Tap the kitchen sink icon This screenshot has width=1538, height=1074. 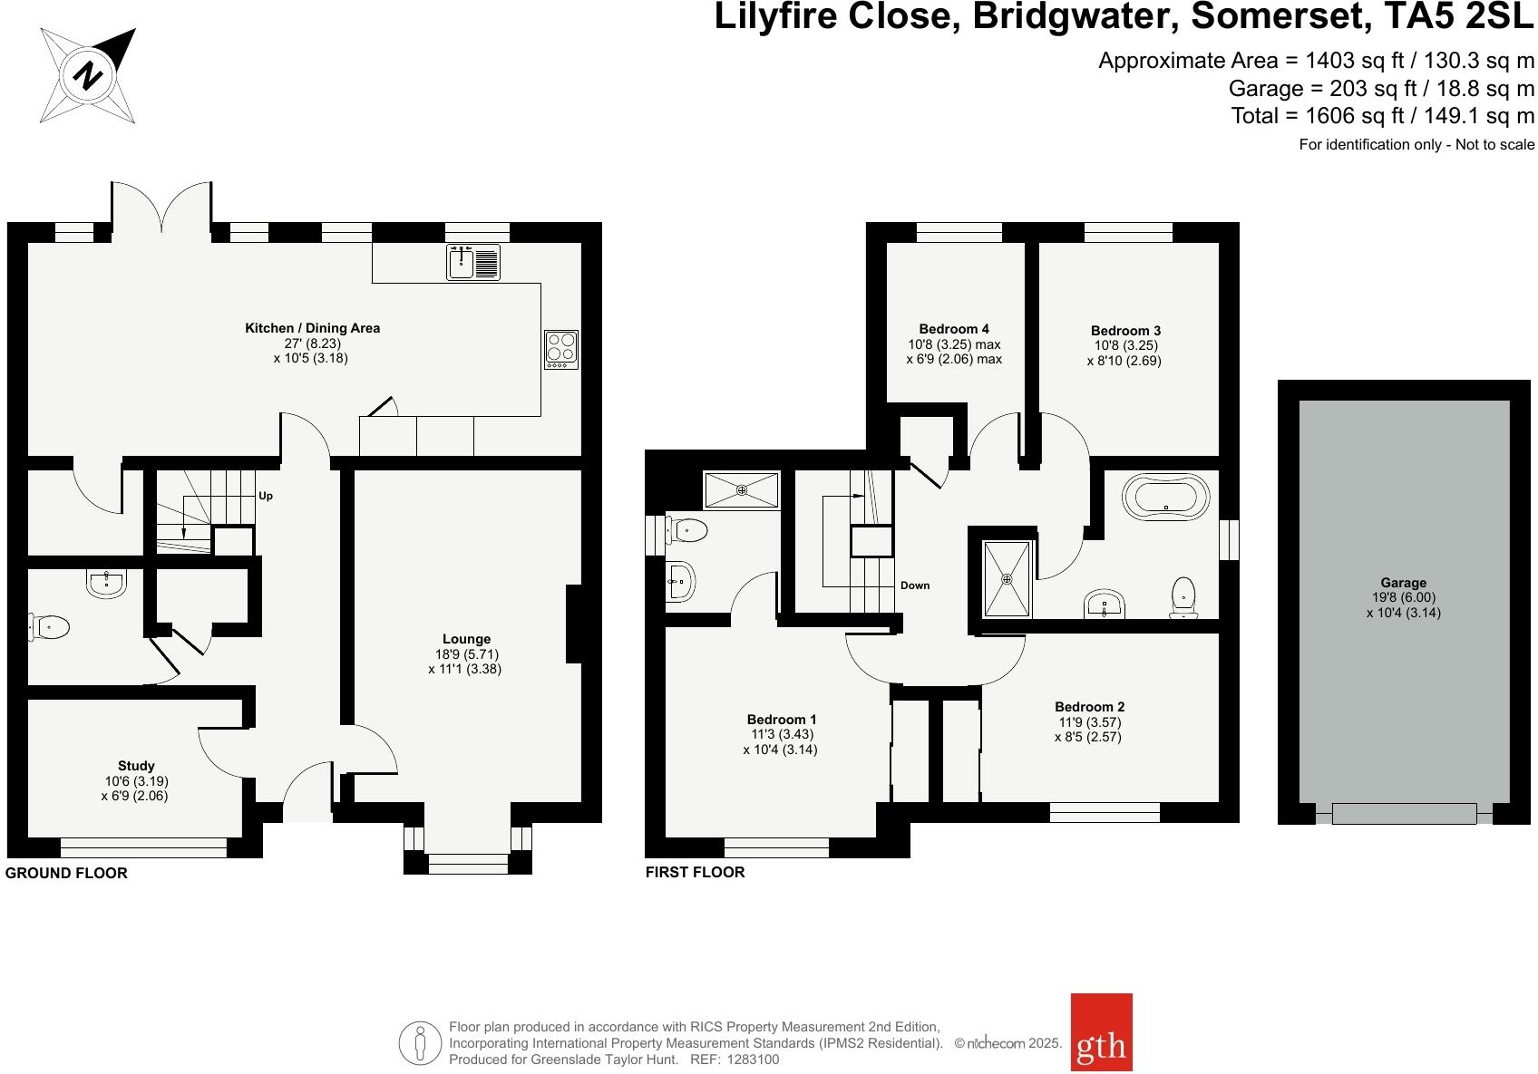click(472, 262)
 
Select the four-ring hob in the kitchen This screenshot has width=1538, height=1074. click(561, 349)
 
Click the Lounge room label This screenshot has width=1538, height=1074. click(466, 639)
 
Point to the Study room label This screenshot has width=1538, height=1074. click(136, 766)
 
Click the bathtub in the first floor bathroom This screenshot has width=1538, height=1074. click(1165, 497)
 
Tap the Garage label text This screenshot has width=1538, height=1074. click(1403, 583)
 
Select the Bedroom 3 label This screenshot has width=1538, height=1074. click(1124, 331)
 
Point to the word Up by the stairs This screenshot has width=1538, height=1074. click(266, 496)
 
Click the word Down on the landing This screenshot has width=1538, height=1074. click(914, 585)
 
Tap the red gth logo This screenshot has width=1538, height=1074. click(1101, 1044)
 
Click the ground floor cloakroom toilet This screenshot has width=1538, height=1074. click(50, 626)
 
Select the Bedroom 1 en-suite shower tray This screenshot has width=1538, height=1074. click(742, 490)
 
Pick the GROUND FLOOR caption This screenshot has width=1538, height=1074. click(66, 873)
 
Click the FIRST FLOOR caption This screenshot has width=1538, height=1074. click(695, 872)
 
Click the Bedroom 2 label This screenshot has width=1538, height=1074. click(1089, 707)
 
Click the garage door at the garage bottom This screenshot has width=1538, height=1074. click(1403, 813)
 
